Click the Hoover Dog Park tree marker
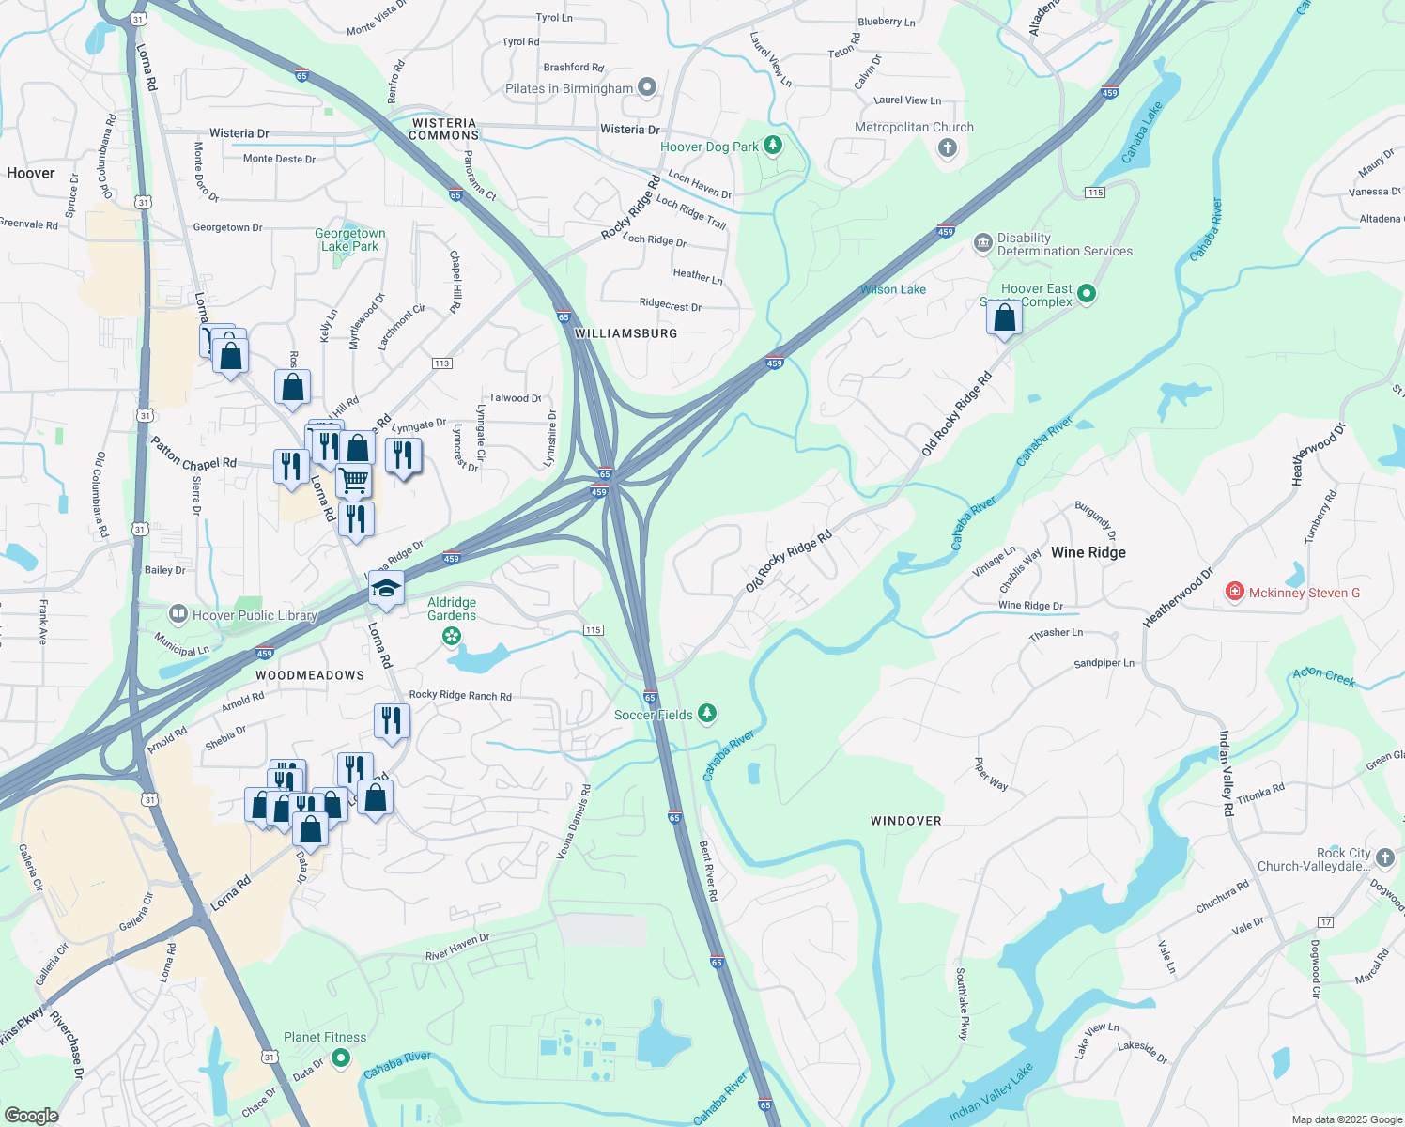click(x=773, y=145)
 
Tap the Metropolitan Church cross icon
click(x=948, y=147)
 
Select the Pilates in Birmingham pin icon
click(x=647, y=87)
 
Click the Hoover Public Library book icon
click(x=178, y=614)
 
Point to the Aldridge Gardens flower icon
click(x=452, y=637)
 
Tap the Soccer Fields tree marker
click(x=707, y=714)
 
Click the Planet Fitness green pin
click(x=341, y=1058)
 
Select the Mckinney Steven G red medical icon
click(x=1235, y=592)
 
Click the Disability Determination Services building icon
click(x=983, y=243)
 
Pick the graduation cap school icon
click(x=386, y=589)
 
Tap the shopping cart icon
click(x=354, y=480)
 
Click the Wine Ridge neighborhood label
click(x=1088, y=552)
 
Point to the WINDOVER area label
click(x=905, y=821)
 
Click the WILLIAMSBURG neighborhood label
click(x=625, y=333)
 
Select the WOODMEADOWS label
click(x=310, y=675)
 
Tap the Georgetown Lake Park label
click(x=349, y=239)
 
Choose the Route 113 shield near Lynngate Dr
click(x=442, y=363)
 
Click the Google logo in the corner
click(x=31, y=1115)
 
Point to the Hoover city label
click(x=31, y=173)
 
